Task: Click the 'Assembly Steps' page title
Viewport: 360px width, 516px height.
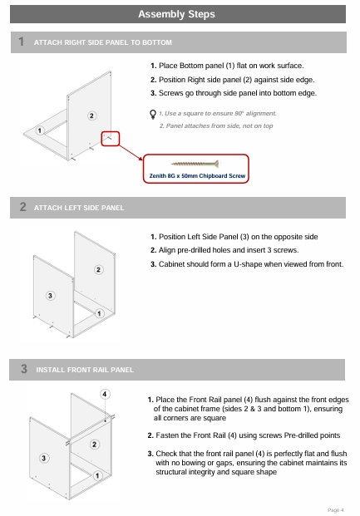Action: point(176,14)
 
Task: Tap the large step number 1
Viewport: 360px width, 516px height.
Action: point(22,42)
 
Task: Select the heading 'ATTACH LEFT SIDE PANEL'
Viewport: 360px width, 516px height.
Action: point(79,208)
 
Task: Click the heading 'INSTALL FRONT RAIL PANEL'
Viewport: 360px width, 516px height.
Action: point(85,370)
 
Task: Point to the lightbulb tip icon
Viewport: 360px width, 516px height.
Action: point(153,114)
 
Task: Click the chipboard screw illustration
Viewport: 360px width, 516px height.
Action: point(195,164)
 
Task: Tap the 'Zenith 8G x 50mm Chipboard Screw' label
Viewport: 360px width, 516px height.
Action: point(197,175)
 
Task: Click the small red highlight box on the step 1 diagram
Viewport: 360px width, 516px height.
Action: point(111,139)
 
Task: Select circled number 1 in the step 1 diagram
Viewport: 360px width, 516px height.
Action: point(40,130)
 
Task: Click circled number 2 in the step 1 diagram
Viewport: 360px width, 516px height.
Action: point(92,115)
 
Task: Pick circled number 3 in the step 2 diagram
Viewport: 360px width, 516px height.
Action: point(50,296)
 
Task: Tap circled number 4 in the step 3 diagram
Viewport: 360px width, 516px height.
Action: point(105,394)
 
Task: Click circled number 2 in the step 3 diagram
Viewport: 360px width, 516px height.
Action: point(95,445)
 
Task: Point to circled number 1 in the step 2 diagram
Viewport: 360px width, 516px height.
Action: point(99,313)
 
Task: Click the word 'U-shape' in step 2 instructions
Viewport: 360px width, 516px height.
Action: point(248,264)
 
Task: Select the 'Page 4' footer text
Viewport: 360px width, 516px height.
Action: point(336,510)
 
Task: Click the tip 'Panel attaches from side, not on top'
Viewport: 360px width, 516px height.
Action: point(216,125)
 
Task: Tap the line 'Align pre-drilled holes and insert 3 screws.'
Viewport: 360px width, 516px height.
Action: point(224,250)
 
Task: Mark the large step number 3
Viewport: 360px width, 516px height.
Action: point(24,369)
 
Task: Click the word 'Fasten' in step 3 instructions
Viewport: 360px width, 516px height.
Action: point(167,435)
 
